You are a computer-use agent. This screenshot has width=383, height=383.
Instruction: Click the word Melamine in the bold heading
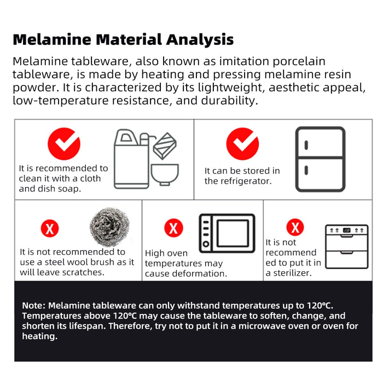coord(52,39)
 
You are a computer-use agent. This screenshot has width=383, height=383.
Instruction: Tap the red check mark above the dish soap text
coord(64,143)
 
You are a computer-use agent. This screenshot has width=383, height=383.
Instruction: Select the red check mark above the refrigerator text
coord(242,143)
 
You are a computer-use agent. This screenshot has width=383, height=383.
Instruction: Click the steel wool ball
coord(109,227)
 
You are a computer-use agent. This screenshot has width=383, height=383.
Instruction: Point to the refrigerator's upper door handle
coord(306,146)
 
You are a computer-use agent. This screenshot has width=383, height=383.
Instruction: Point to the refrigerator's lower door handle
coord(306,170)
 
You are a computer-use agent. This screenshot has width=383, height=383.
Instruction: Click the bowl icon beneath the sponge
coord(165,175)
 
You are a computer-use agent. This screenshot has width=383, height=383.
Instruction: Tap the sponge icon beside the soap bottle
coord(165,146)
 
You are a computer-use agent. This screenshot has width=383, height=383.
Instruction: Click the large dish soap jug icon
coord(131,159)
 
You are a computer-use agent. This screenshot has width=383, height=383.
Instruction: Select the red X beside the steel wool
coord(50,229)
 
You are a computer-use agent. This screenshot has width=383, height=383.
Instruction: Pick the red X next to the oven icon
coord(173,228)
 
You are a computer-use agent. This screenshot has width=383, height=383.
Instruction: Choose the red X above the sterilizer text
coord(295,227)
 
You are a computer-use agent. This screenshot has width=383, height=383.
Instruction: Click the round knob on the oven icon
coord(206,243)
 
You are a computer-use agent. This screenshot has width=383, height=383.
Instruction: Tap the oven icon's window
coord(233,233)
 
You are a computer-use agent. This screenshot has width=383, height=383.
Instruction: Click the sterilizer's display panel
coord(346,230)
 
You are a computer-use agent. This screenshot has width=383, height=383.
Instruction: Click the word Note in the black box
coord(33,305)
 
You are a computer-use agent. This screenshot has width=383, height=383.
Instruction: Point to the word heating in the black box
coord(39,336)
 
